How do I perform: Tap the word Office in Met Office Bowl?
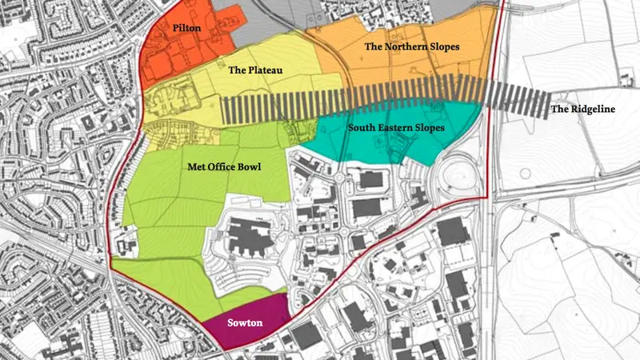(222, 166)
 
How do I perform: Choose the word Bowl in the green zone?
(250, 166)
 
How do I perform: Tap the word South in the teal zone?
(361, 127)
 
